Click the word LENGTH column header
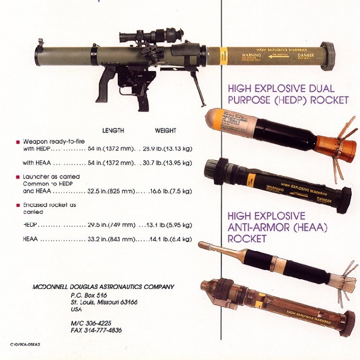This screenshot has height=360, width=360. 113,131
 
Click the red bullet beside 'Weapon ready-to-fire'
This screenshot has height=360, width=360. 18,141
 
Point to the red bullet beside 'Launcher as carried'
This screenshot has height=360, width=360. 18,176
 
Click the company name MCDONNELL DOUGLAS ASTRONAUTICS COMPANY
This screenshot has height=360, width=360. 103,287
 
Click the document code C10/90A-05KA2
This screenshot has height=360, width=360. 26,345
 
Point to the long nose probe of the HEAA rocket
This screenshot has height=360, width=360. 226,250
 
